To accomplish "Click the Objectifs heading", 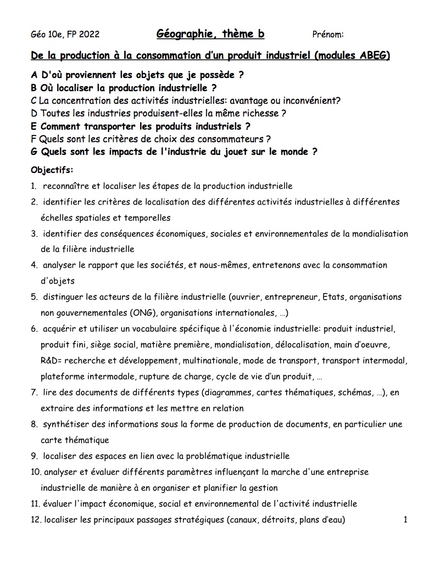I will click(x=52, y=170).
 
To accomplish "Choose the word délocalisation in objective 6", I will click(x=338, y=345).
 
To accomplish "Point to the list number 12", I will click(x=36, y=520).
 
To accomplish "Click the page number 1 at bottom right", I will click(x=405, y=520).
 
